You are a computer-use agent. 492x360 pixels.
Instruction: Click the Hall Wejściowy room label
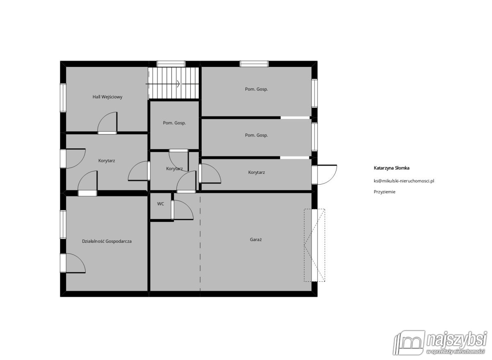coord(107,97)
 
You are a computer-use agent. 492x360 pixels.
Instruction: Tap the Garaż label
coord(256,239)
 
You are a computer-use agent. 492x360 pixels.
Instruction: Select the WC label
coord(161,204)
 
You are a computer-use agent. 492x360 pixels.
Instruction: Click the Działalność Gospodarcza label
coord(107,241)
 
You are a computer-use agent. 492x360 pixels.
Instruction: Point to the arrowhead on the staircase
coord(178,84)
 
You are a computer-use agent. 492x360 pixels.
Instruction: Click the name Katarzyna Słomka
coord(392,168)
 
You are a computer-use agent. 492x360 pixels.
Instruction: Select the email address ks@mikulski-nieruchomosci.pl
coord(404,181)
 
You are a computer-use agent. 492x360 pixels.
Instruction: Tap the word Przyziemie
coord(385,192)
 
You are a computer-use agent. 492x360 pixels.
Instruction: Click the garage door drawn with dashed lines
coord(314,245)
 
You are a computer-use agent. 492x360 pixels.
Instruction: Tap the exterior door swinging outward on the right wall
coord(324,175)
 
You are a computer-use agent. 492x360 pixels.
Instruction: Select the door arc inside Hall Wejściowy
coord(107,122)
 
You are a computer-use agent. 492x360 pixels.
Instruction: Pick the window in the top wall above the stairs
coord(171,64)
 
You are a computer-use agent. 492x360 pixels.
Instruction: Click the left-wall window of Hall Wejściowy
coord(63,98)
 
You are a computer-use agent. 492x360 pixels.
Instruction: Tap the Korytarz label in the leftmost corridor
coord(107,161)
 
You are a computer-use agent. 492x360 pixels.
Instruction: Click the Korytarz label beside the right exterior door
coord(256,173)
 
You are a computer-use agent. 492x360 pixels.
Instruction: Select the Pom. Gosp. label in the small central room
coord(174,123)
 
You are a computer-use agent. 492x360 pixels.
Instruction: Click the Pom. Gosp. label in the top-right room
coord(256,89)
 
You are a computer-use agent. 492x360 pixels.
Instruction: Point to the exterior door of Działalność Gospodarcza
coord(73,263)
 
